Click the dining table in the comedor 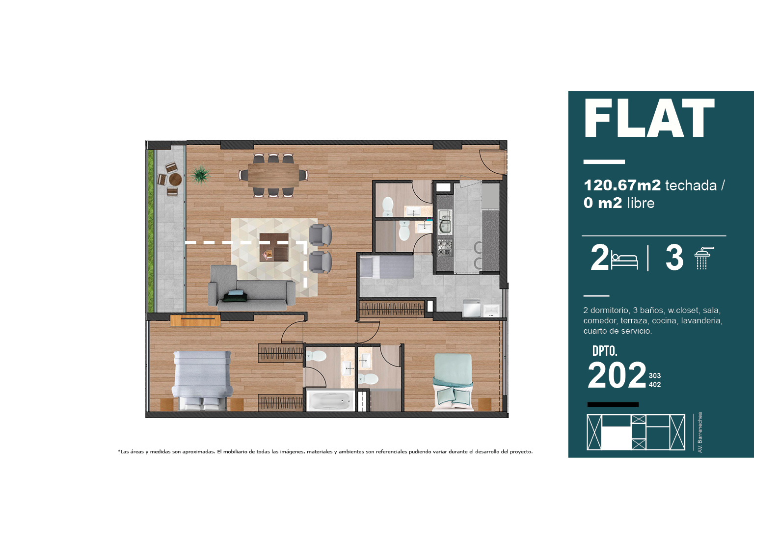pyautogui.click(x=273, y=176)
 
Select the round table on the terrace pyautogui.click(x=175, y=180)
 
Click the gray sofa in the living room pyautogui.click(x=252, y=288)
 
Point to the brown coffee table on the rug pyautogui.click(x=274, y=247)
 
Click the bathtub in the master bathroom pyautogui.click(x=330, y=401)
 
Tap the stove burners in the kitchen pyautogui.click(x=444, y=247)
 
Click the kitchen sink pyautogui.click(x=444, y=222)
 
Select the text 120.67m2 pyautogui.click(x=622, y=185)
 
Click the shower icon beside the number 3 pyautogui.click(x=703, y=258)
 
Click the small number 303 pyautogui.click(x=655, y=376)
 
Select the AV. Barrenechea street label pyautogui.click(x=700, y=432)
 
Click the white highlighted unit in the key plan pyautogui.click(x=616, y=438)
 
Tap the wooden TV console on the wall pyautogui.click(x=195, y=320)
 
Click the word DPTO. pyautogui.click(x=605, y=351)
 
